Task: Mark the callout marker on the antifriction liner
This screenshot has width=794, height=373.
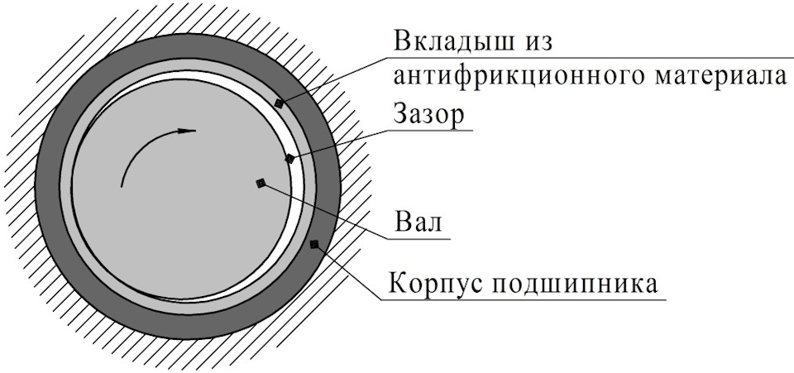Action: tap(279, 103)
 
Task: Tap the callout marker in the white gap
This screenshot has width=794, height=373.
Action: tap(289, 158)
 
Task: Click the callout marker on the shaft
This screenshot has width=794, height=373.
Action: tap(261, 183)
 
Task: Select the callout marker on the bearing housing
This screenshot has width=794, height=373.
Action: tap(313, 243)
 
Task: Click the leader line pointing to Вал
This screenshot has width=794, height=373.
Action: tap(331, 212)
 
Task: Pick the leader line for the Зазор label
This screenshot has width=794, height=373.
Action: tap(339, 143)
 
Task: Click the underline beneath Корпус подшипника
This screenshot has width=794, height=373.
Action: tap(529, 299)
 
